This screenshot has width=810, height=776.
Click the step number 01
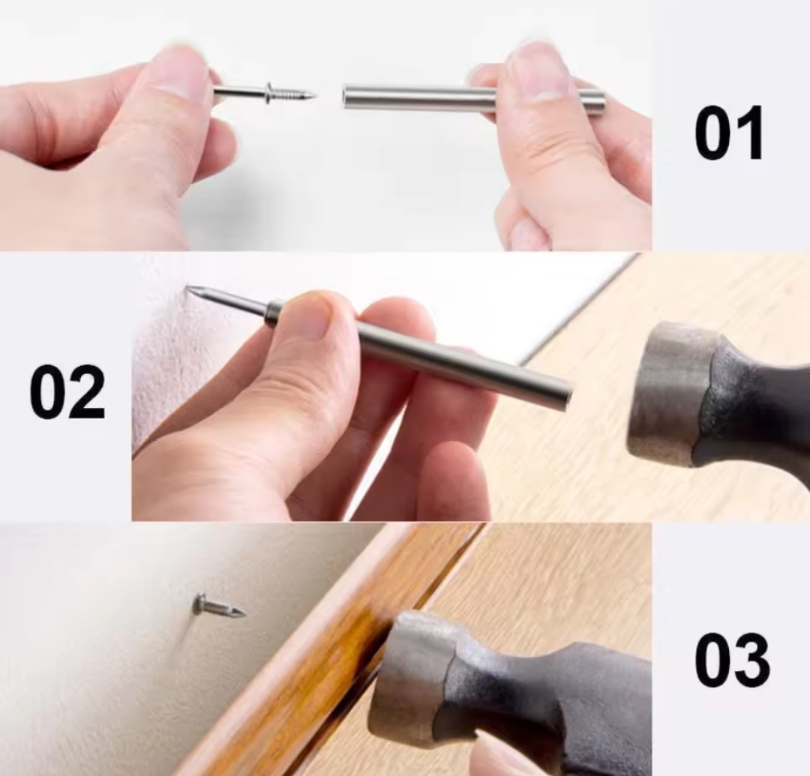[728, 133]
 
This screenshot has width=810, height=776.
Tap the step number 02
[67, 392]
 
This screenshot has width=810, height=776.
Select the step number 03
[731, 661]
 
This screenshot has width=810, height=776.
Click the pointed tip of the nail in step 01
[314, 95]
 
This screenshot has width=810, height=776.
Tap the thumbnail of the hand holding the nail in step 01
[178, 68]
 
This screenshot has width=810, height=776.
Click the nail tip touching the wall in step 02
[189, 290]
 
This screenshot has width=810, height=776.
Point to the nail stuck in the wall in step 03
[219, 607]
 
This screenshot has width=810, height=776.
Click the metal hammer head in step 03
[413, 682]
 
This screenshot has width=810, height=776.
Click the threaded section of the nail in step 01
[291, 94]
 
